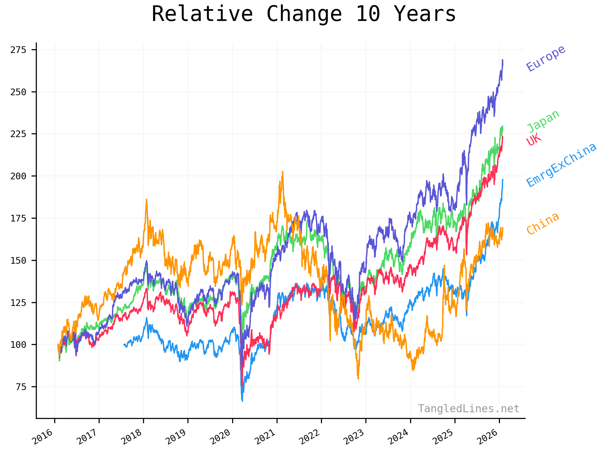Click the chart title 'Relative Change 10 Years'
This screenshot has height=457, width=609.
coord(304,14)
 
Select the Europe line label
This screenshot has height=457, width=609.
coord(546,58)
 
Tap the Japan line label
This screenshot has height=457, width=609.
coord(543,121)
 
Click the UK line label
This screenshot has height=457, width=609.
coord(534,139)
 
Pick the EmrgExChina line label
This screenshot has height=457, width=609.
coord(561,165)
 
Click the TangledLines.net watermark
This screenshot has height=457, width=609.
coord(468,408)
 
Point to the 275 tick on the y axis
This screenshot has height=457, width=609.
coord(18,50)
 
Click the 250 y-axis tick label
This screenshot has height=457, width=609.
coord(18,92)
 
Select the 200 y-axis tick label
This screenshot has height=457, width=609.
coord(18,176)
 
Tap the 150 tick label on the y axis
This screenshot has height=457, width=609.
coord(18,261)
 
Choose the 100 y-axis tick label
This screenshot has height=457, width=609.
coord(18,345)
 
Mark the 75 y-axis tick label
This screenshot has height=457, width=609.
coord(21,387)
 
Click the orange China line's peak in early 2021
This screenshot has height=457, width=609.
coord(283,172)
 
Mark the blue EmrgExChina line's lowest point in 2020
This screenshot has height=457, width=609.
coord(242,401)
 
